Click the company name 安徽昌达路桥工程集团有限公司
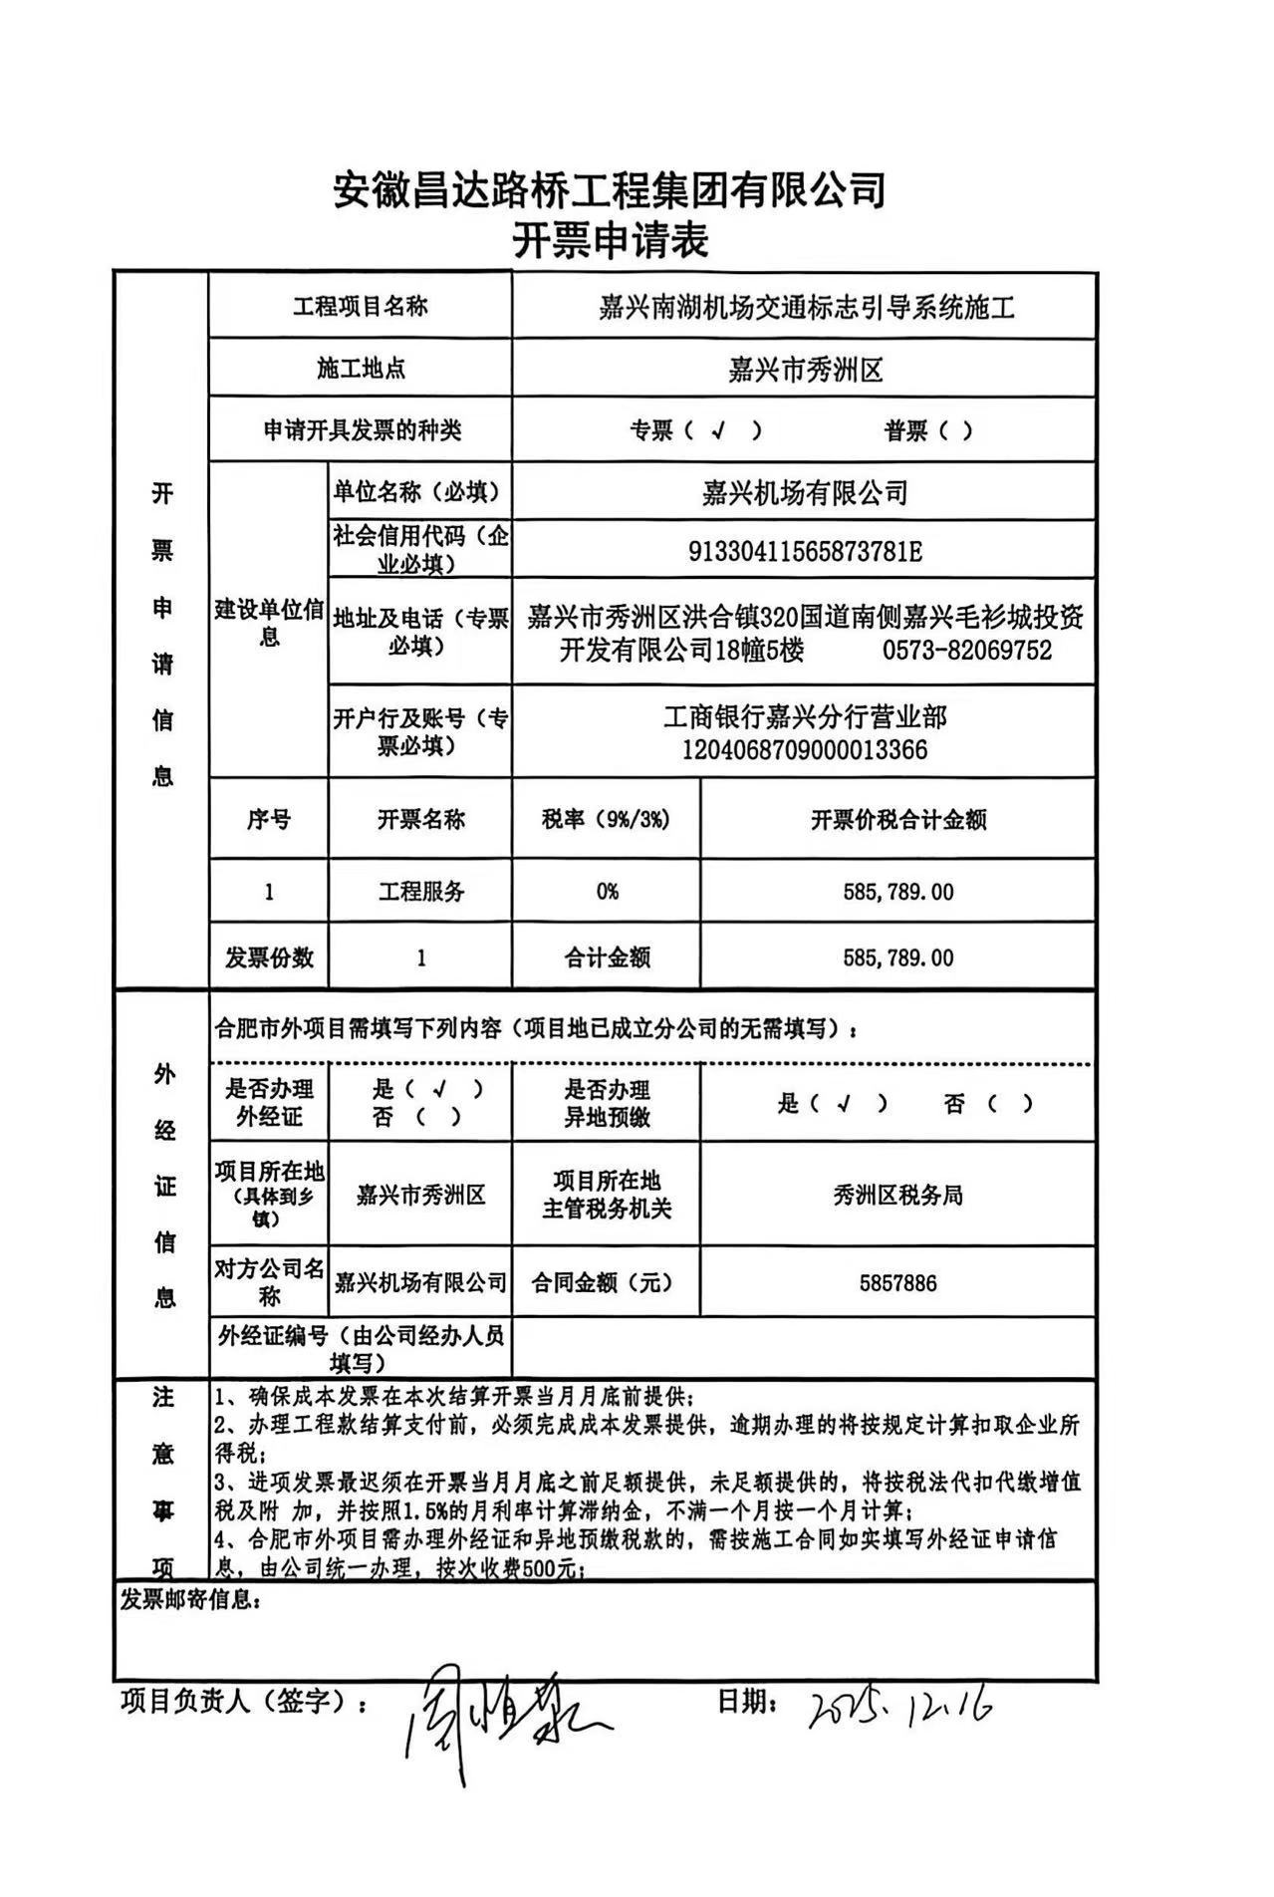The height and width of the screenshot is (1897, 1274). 609,189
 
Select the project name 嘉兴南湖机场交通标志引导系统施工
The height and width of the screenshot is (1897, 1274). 806,308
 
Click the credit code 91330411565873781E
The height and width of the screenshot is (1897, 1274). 805,551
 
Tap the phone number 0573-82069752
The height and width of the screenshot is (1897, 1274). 966,651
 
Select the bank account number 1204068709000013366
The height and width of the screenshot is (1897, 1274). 805,749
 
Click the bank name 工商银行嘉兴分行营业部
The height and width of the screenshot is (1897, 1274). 805,716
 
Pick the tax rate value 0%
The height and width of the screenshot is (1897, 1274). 607,891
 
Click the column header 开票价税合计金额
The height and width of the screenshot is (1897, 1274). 897,820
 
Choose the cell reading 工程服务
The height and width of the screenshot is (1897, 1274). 420,891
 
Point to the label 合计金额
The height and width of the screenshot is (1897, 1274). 607,958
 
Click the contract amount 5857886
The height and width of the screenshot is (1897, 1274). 897,1283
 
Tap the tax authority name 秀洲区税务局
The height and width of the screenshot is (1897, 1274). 897,1196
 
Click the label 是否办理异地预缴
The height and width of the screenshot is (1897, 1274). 607,1103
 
